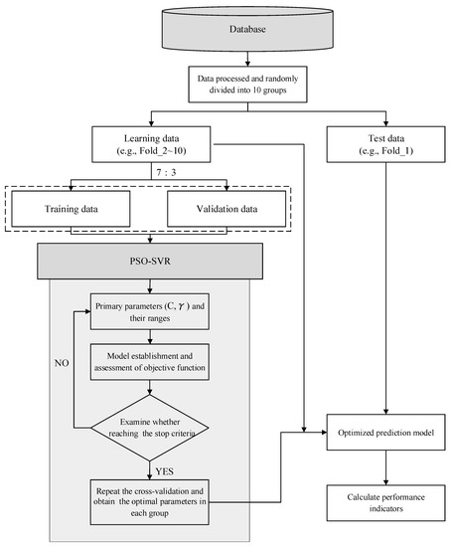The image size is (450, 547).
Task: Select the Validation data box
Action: pos(227,211)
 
